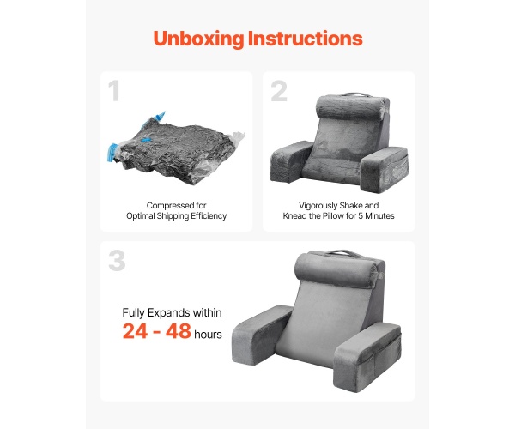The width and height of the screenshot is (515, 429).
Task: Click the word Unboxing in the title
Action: coord(198,39)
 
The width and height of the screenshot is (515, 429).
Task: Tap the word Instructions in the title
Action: coord(305,38)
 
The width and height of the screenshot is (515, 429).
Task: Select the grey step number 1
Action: coord(114,91)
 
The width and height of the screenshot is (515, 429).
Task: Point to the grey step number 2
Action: coord(279,91)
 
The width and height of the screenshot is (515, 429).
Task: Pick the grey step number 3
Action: coord(117,261)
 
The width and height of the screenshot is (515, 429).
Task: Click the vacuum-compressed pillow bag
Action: coord(176,149)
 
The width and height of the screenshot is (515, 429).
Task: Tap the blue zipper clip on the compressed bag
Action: coord(112,153)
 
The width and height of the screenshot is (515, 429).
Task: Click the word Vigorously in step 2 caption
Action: coord(318,206)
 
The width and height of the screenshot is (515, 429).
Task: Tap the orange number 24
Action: coord(135,331)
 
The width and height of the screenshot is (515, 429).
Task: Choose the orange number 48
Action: coord(179,331)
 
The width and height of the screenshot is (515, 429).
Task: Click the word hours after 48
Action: coord(208,334)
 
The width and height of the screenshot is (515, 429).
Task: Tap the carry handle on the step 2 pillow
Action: coord(356,95)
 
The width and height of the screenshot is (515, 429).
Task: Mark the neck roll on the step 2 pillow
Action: coord(351,106)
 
